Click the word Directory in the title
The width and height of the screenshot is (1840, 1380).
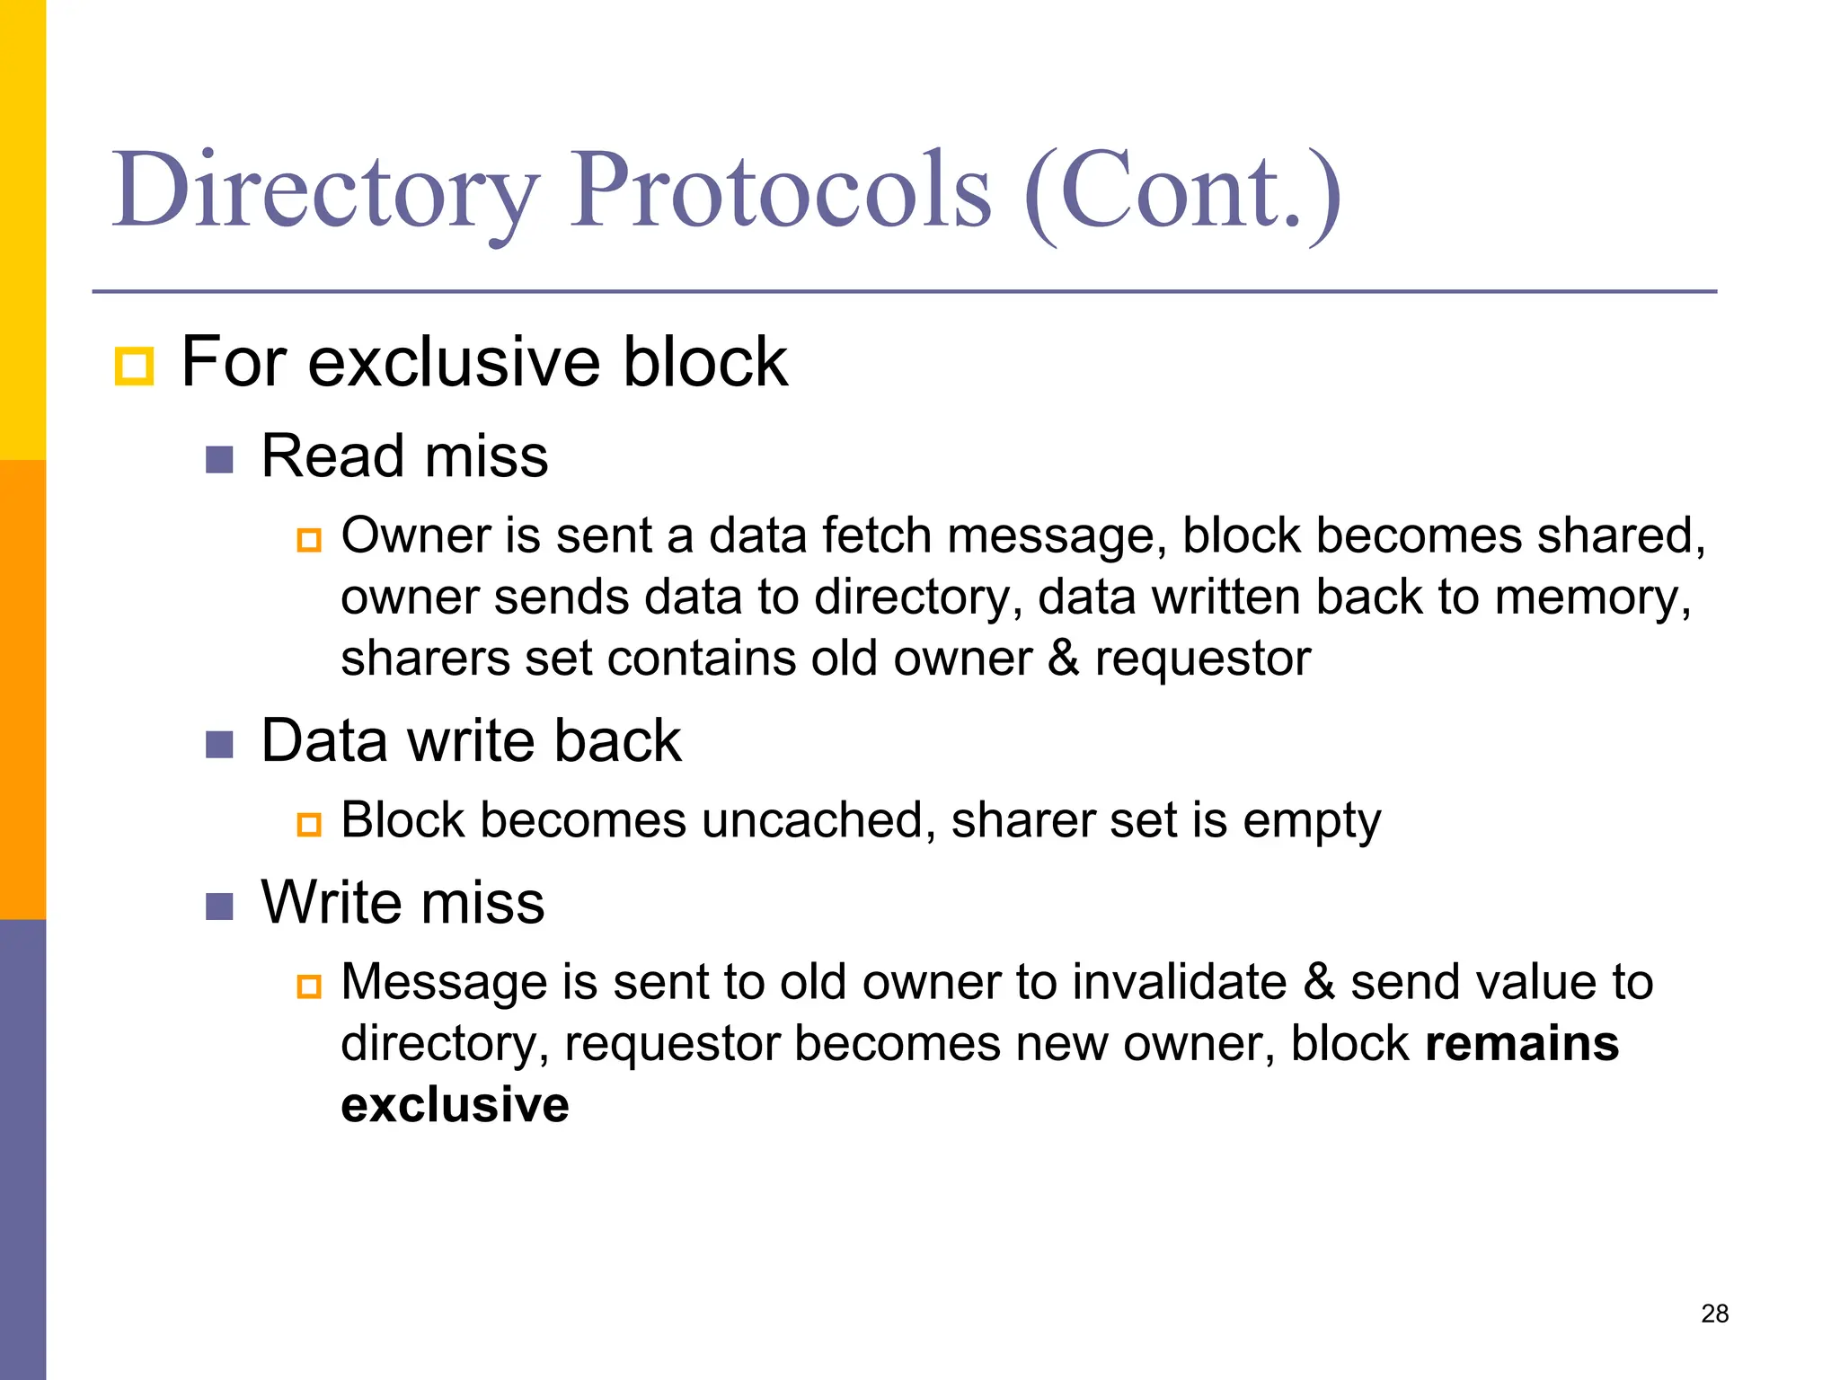(x=325, y=190)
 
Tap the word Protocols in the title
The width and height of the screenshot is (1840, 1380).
(x=781, y=190)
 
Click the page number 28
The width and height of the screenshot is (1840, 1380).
(x=1714, y=1314)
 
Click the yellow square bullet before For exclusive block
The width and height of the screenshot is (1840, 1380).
(x=135, y=366)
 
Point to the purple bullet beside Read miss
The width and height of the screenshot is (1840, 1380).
(x=219, y=460)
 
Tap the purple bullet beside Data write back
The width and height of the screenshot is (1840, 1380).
(x=219, y=745)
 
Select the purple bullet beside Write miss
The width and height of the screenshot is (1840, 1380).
(x=219, y=907)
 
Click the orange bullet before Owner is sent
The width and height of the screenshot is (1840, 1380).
(x=309, y=540)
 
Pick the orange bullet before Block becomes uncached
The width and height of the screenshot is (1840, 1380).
(x=309, y=824)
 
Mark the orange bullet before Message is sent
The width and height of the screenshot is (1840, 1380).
(x=309, y=986)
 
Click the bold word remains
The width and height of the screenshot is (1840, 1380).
(x=1522, y=1044)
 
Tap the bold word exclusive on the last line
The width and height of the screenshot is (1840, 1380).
(x=455, y=1105)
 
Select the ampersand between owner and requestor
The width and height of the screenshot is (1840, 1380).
(x=1063, y=658)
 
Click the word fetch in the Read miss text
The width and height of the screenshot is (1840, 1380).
(x=876, y=535)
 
